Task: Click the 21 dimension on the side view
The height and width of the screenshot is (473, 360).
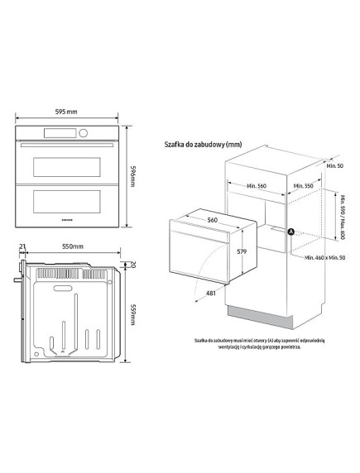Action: coord(22,247)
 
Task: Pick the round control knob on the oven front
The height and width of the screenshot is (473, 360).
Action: coord(83,134)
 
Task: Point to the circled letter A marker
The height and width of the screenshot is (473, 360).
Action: coord(290,232)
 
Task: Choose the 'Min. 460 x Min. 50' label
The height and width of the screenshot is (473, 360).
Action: coord(324,259)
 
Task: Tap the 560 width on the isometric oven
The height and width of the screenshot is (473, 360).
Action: coord(212,221)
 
